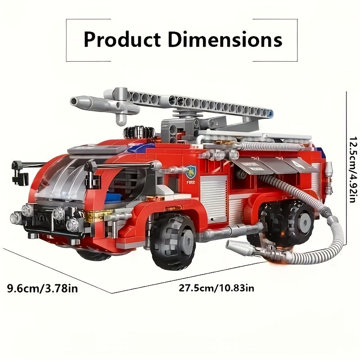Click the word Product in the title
point(122,40)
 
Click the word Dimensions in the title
point(225,39)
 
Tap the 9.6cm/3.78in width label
point(42,288)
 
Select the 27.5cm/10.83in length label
point(216,288)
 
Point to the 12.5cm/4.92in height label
point(354,170)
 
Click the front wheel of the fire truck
point(173,242)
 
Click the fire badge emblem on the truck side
point(191,172)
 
